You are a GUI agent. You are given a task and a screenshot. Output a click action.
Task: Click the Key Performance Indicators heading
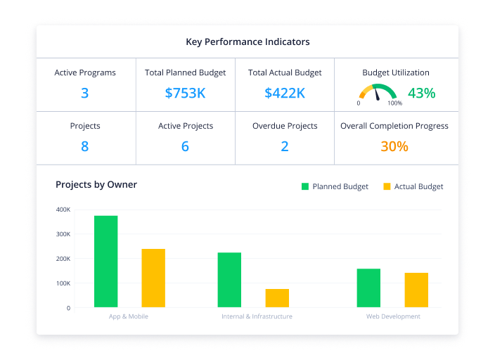247,41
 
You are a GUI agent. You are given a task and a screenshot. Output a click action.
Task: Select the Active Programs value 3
85,93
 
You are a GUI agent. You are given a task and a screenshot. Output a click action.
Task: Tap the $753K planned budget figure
185,93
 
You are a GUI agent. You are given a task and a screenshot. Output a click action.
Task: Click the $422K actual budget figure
285,93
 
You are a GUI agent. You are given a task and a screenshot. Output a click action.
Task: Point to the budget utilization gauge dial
377,93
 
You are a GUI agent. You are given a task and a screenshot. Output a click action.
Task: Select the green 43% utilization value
421,93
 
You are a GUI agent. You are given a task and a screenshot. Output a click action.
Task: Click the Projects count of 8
85,146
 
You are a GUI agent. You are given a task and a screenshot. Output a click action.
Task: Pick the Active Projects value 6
185,146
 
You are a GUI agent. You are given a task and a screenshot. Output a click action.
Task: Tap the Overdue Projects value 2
285,146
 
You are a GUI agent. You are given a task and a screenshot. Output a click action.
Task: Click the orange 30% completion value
394,146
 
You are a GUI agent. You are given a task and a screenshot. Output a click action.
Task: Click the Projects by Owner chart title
96,185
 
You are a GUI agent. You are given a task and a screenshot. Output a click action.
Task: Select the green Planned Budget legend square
305,186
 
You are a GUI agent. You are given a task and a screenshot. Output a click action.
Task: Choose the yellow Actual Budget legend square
387,186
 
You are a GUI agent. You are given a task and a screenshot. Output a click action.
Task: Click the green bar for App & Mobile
106,262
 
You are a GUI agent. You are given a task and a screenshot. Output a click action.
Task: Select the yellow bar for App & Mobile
153,278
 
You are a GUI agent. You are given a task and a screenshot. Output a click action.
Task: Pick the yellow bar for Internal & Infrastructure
277,298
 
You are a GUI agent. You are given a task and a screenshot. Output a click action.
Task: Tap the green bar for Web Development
368,288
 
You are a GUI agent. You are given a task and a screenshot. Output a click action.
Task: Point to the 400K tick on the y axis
63,210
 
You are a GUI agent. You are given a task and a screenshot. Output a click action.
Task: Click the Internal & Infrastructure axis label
257,316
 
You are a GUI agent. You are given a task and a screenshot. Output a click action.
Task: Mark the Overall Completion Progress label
394,126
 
